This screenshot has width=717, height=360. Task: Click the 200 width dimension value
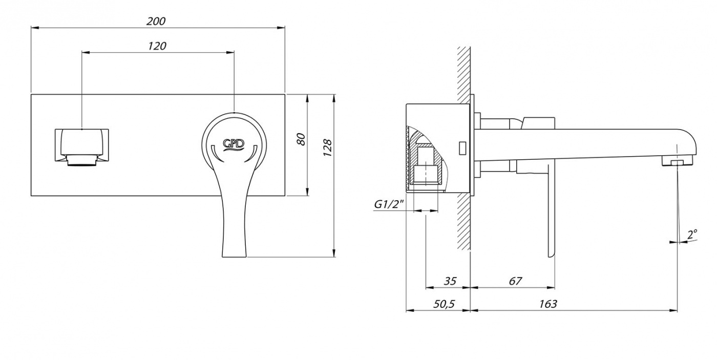tap(156, 21)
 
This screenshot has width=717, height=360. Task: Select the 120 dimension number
tap(157, 46)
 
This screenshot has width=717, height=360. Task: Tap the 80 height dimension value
tap(301, 139)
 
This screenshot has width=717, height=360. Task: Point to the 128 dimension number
tap(327, 147)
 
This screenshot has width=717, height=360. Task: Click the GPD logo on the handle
tap(233, 144)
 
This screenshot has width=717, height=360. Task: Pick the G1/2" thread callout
tap(389, 204)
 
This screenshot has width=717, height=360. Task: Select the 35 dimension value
tap(450, 281)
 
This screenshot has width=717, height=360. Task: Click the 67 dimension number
tap(515, 281)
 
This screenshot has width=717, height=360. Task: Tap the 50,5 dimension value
tap(444, 304)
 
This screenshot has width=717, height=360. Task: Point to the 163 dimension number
tap(548, 304)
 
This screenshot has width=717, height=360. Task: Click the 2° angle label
tap(692, 235)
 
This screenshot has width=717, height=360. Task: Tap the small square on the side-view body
tap(462, 148)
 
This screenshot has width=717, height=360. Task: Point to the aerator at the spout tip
tap(677, 162)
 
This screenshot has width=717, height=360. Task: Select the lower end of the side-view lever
tap(551, 255)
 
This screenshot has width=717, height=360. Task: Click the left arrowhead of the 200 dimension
tap(35, 28)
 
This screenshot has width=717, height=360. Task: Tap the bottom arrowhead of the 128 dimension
tap(334, 253)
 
